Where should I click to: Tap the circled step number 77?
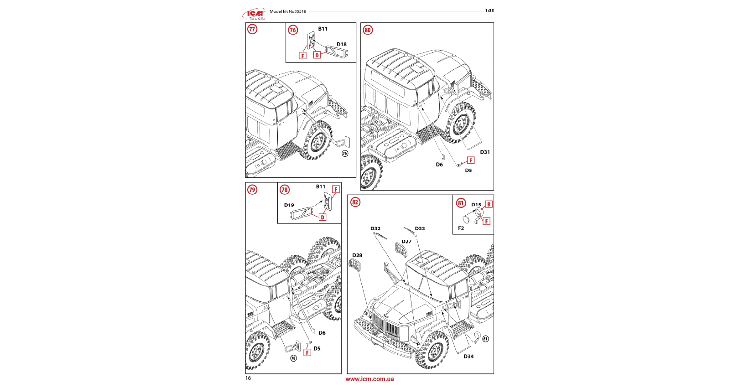pos(252,29)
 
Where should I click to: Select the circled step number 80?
pos(368,30)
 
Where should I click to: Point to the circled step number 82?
pos(355,202)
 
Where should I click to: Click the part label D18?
pos(342,44)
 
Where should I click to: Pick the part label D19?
pos(289,205)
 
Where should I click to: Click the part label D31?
pos(485,152)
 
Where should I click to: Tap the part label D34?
pos(468,357)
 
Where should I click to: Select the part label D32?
pos(375,228)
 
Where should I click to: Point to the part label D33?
pos(420,228)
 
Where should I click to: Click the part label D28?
pos(357,255)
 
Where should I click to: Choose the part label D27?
pos(406,242)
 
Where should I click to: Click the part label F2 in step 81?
pos(461,228)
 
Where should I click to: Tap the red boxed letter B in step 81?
pos(489,204)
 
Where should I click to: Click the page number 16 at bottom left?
pos(248,378)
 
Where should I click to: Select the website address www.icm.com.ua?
pos(369,379)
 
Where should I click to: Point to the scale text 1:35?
pos(489,10)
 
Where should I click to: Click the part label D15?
pos(476,205)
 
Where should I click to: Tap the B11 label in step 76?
pos(323,29)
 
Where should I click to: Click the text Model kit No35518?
pos(288,11)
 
